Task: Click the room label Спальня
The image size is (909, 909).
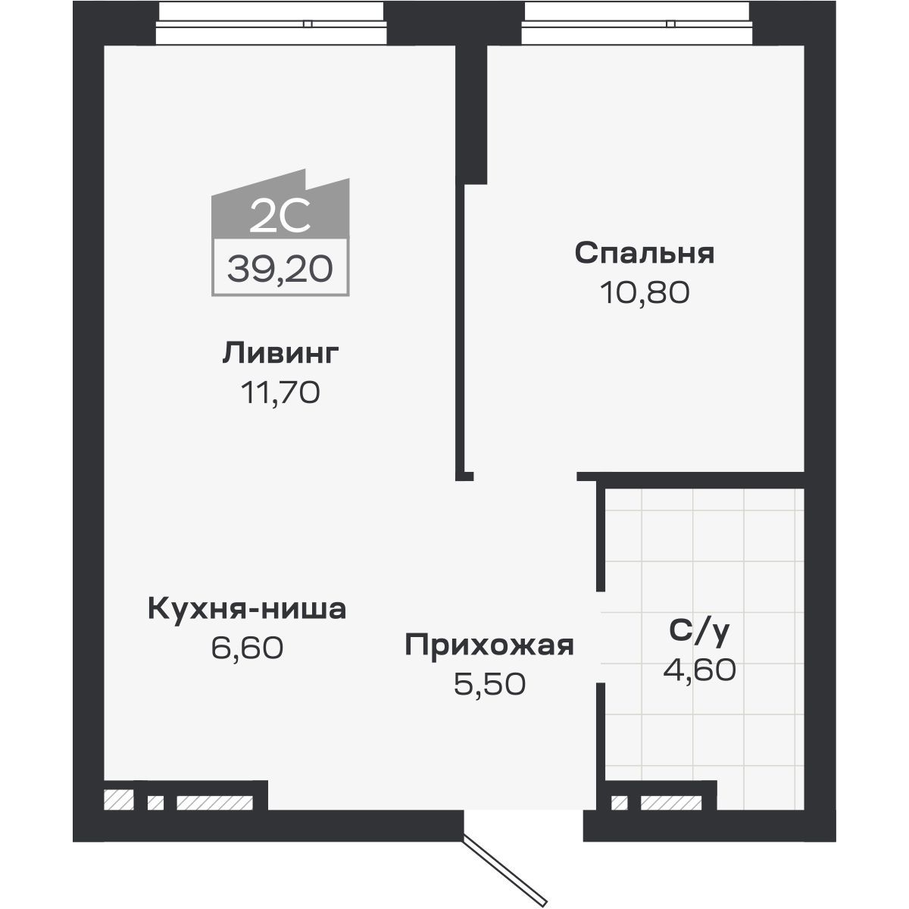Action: coord(644,253)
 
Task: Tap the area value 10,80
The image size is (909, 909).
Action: coord(644,292)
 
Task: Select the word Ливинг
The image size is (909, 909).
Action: coord(280,353)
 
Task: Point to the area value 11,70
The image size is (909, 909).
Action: coord(280,392)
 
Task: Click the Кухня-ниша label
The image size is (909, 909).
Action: coord(247,608)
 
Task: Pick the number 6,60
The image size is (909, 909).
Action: coord(247,648)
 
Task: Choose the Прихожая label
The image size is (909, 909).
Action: coord(489,645)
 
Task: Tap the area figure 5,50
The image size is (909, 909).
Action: coord(489,685)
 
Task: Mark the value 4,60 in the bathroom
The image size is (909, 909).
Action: coord(699,670)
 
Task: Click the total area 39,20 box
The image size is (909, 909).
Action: coord(280,267)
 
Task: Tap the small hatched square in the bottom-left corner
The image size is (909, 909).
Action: coord(118,799)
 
